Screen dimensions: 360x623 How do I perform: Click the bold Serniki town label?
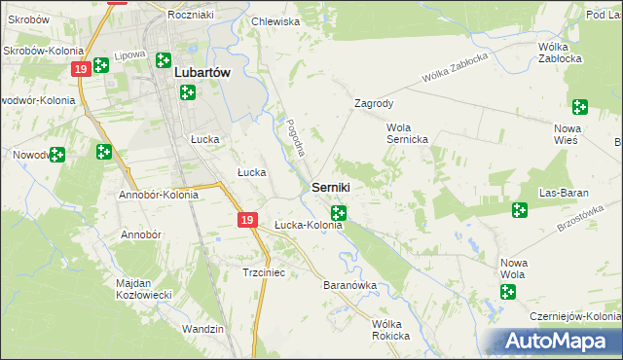point(331,186)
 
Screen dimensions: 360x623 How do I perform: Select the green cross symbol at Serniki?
point(338,212)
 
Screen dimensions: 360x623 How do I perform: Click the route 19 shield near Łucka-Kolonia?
point(247,222)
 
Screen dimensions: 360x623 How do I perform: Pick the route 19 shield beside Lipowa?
point(81,68)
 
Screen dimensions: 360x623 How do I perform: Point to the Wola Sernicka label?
point(408,133)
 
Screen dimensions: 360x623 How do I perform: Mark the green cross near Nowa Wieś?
point(581,108)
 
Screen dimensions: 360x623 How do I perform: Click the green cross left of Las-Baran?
point(519,209)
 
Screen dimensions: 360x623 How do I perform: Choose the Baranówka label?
point(348,286)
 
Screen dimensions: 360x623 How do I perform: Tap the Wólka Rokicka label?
point(390,329)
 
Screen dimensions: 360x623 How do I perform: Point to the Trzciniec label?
point(263,273)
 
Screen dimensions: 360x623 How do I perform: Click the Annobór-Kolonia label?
point(158,195)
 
